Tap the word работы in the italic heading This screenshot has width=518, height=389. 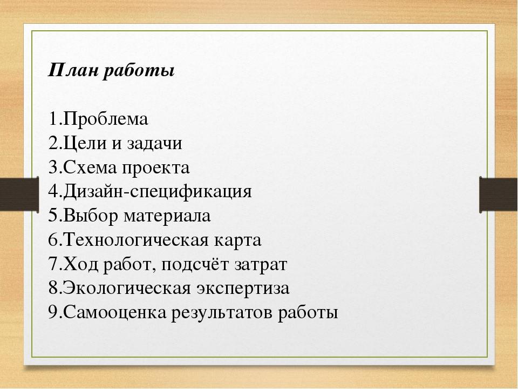(x=139, y=71)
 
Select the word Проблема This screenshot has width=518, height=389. (x=105, y=119)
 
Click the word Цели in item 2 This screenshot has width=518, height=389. (x=84, y=144)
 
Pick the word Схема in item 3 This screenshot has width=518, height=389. (x=90, y=167)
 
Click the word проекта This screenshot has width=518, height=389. (x=156, y=168)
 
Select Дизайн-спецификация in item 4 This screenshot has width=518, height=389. (x=157, y=192)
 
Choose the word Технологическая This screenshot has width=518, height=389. (x=136, y=240)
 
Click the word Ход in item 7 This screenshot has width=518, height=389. (x=80, y=264)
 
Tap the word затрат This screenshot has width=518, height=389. (x=261, y=265)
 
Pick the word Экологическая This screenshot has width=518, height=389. (x=126, y=289)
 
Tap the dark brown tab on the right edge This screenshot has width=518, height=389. (x=499, y=194)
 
